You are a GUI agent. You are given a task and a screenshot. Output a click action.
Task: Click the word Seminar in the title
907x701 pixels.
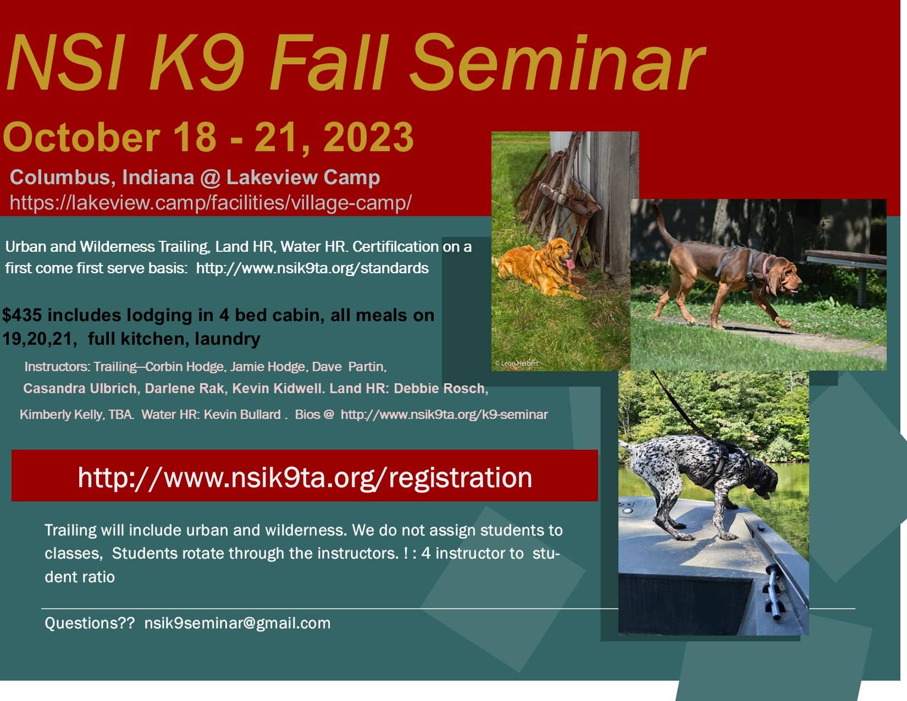(x=557, y=63)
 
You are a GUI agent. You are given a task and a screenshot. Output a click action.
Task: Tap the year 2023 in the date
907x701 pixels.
(x=368, y=137)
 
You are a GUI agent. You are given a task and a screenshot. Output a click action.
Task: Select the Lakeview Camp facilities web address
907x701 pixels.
(x=211, y=203)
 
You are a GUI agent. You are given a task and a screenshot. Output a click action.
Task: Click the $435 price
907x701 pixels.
(x=21, y=315)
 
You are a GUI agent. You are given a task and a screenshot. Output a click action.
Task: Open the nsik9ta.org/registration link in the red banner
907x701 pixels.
(x=305, y=478)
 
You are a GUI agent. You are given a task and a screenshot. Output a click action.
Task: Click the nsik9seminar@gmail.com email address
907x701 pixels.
(x=237, y=623)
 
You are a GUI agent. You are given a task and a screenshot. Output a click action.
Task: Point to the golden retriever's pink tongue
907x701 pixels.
(x=569, y=263)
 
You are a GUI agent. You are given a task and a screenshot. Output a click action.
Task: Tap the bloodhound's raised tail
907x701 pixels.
(x=663, y=225)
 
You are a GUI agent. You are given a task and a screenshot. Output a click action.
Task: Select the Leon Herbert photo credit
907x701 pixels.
(x=517, y=363)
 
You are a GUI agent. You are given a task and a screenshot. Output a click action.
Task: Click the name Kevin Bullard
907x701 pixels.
(x=242, y=415)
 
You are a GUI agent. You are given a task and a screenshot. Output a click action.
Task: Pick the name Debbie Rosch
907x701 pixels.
(x=441, y=388)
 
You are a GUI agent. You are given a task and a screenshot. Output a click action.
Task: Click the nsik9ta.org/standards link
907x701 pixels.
(x=312, y=268)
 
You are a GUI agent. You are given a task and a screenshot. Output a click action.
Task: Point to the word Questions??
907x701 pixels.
(x=90, y=623)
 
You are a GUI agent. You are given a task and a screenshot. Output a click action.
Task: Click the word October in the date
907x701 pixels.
(x=82, y=137)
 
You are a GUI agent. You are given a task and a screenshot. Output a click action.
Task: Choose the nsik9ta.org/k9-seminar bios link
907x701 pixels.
(x=444, y=415)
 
